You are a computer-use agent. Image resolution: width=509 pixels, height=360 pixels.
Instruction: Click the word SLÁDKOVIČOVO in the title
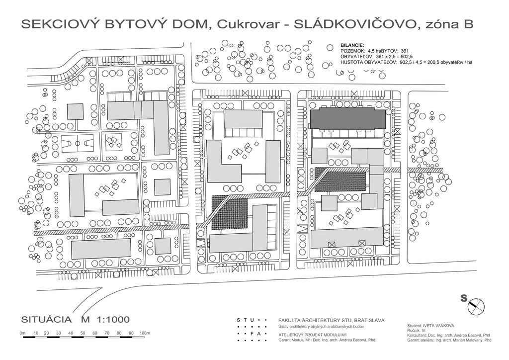[354, 24]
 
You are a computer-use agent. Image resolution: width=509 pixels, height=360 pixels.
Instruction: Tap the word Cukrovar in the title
[248, 25]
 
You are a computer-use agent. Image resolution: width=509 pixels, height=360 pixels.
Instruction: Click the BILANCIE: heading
[352, 45]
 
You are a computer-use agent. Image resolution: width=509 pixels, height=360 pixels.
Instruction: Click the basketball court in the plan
[77, 143]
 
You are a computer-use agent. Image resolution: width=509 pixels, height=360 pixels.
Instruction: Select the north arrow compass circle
[476, 306]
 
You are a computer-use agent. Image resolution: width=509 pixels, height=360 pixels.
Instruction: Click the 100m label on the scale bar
[145, 333]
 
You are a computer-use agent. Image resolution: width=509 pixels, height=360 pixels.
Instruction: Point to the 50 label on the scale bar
[83, 333]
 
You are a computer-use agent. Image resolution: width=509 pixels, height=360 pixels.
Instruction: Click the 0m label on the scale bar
[22, 333]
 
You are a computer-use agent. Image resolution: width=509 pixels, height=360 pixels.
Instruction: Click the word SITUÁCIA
[46, 319]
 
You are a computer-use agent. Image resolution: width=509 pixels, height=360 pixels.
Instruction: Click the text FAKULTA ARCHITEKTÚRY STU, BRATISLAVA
[332, 320]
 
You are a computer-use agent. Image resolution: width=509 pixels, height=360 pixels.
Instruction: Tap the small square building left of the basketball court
[76, 112]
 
